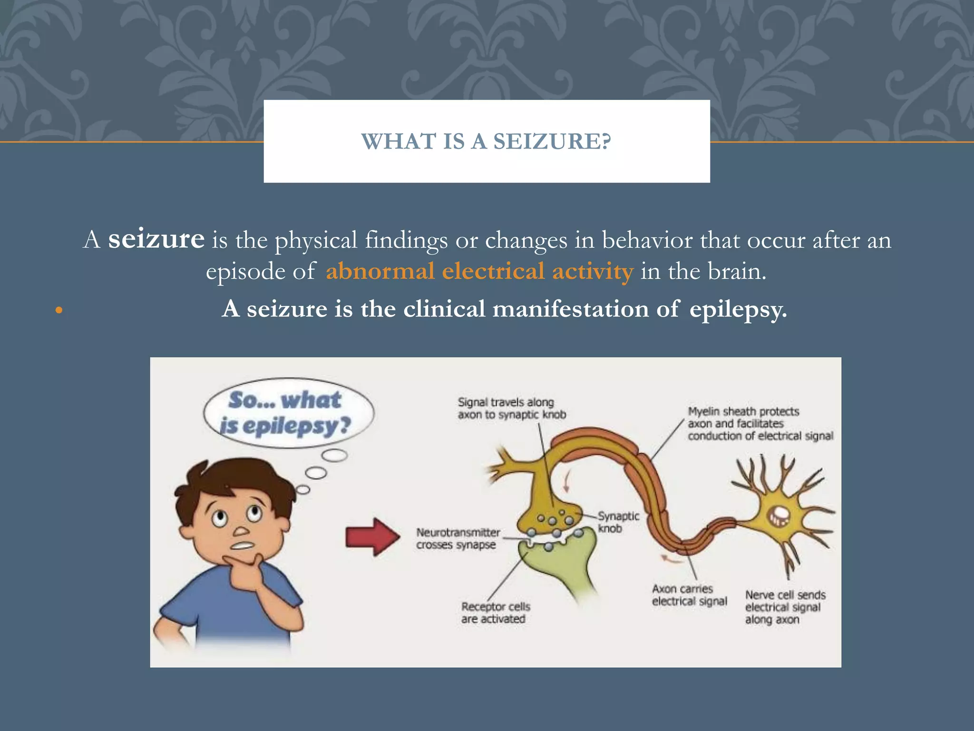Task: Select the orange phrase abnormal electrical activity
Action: point(479,271)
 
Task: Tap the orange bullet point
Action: point(59,311)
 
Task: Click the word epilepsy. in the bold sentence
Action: point(738,309)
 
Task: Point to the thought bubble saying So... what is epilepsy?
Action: point(288,413)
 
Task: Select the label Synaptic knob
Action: point(618,522)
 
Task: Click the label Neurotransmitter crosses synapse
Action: point(458,538)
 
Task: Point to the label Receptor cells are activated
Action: point(495,612)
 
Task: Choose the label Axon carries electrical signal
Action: point(689,595)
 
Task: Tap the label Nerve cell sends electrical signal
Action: point(785,607)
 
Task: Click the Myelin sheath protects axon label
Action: point(760,424)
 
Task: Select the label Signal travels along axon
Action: point(511,408)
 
